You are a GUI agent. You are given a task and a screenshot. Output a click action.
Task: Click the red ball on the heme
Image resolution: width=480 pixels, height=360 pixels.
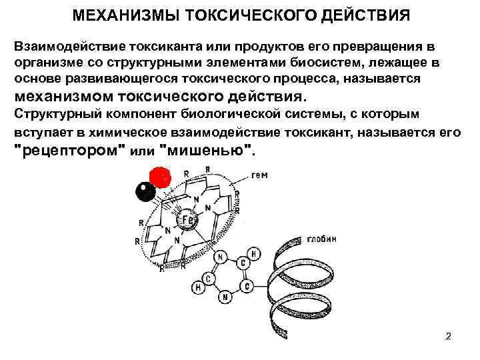(159, 177)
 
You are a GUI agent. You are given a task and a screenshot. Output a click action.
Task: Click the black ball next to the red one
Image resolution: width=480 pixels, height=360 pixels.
(145, 192)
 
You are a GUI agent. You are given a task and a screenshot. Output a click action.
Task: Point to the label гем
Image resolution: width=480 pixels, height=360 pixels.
(261, 176)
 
